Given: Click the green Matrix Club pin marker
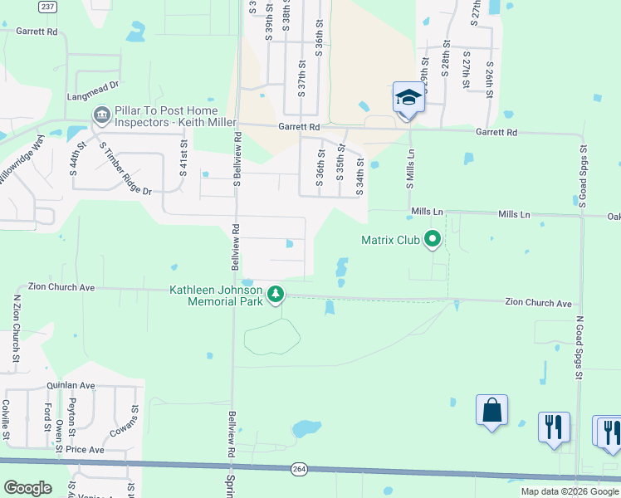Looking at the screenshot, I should (432, 241).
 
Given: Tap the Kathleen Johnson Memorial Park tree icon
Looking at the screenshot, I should (276, 295).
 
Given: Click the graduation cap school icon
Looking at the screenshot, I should (408, 99).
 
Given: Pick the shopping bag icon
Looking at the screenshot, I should (491, 410).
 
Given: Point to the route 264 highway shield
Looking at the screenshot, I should (299, 470).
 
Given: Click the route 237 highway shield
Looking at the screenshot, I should (48, 6).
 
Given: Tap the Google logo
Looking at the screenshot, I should (27, 488).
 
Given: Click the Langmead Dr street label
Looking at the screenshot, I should (94, 85).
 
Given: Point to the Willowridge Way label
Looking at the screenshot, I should (22, 166).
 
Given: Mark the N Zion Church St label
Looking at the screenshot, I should (17, 329).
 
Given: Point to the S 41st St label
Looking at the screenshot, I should (183, 154).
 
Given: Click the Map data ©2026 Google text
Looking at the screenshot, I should (570, 491).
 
